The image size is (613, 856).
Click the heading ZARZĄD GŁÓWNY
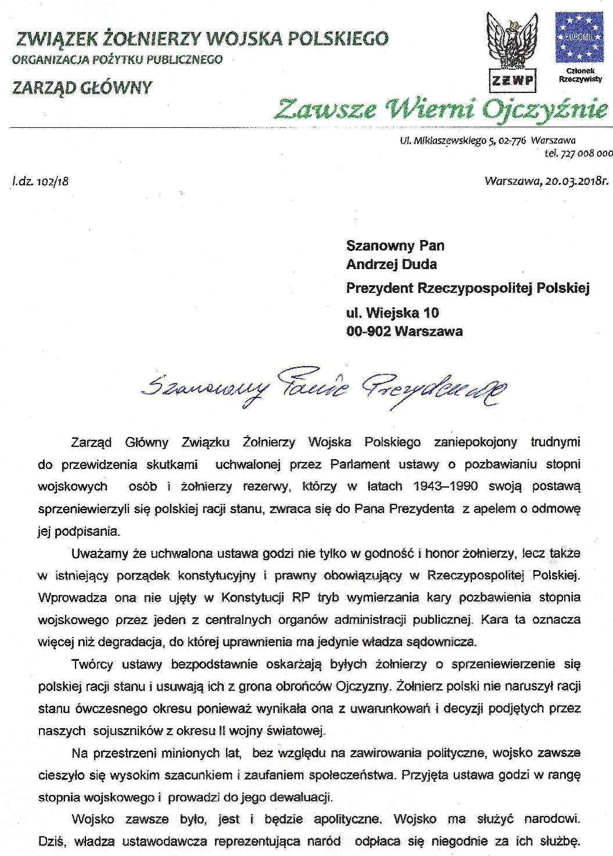tap(82, 88)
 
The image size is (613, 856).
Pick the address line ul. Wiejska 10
tap(392, 313)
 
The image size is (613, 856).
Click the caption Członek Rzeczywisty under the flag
tap(579, 74)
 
